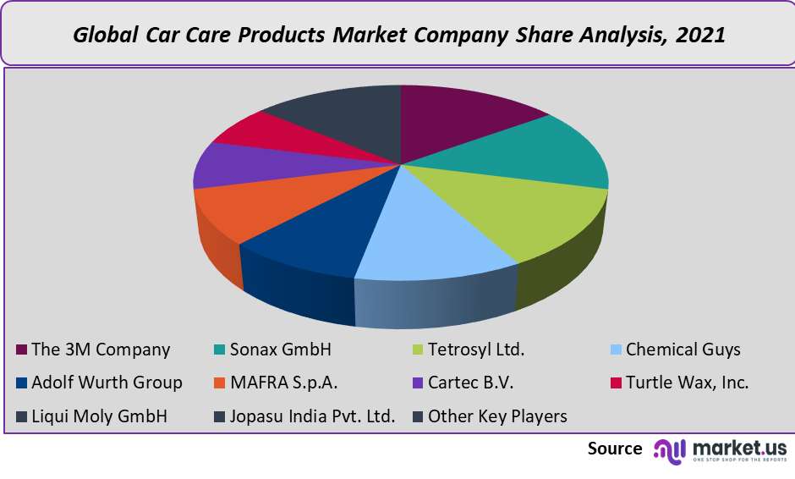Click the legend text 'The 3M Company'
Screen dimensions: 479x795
pos(101,350)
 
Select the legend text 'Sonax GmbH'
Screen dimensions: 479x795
pos(280,350)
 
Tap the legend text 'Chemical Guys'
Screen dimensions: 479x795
pos(683,350)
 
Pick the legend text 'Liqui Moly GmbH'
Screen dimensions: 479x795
pos(99,416)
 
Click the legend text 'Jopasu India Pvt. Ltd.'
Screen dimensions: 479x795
pos(312,416)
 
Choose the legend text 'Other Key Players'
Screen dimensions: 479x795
pos(497,416)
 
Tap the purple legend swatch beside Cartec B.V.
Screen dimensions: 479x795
pos(416,383)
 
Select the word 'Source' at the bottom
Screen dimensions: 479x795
pos(615,449)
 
